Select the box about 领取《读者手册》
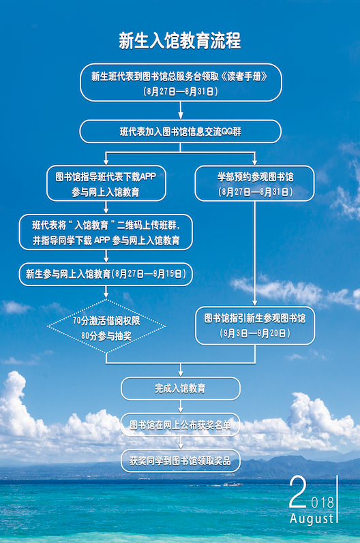(180, 82)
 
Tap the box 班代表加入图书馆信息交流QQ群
(180, 131)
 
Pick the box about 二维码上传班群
(106, 232)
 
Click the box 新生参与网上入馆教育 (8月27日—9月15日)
(106, 274)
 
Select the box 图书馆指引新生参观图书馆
(255, 326)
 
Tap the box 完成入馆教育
(180, 388)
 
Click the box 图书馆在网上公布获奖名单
(180, 425)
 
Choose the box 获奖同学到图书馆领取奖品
(180, 461)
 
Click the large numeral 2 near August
(297, 493)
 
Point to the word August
(312, 519)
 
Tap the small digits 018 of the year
(322, 502)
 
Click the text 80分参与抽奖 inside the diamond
(106, 335)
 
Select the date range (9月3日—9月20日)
(255, 334)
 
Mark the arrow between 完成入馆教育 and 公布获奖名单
(180, 406)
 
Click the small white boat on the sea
(232, 484)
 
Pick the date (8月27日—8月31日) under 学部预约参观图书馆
(255, 191)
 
